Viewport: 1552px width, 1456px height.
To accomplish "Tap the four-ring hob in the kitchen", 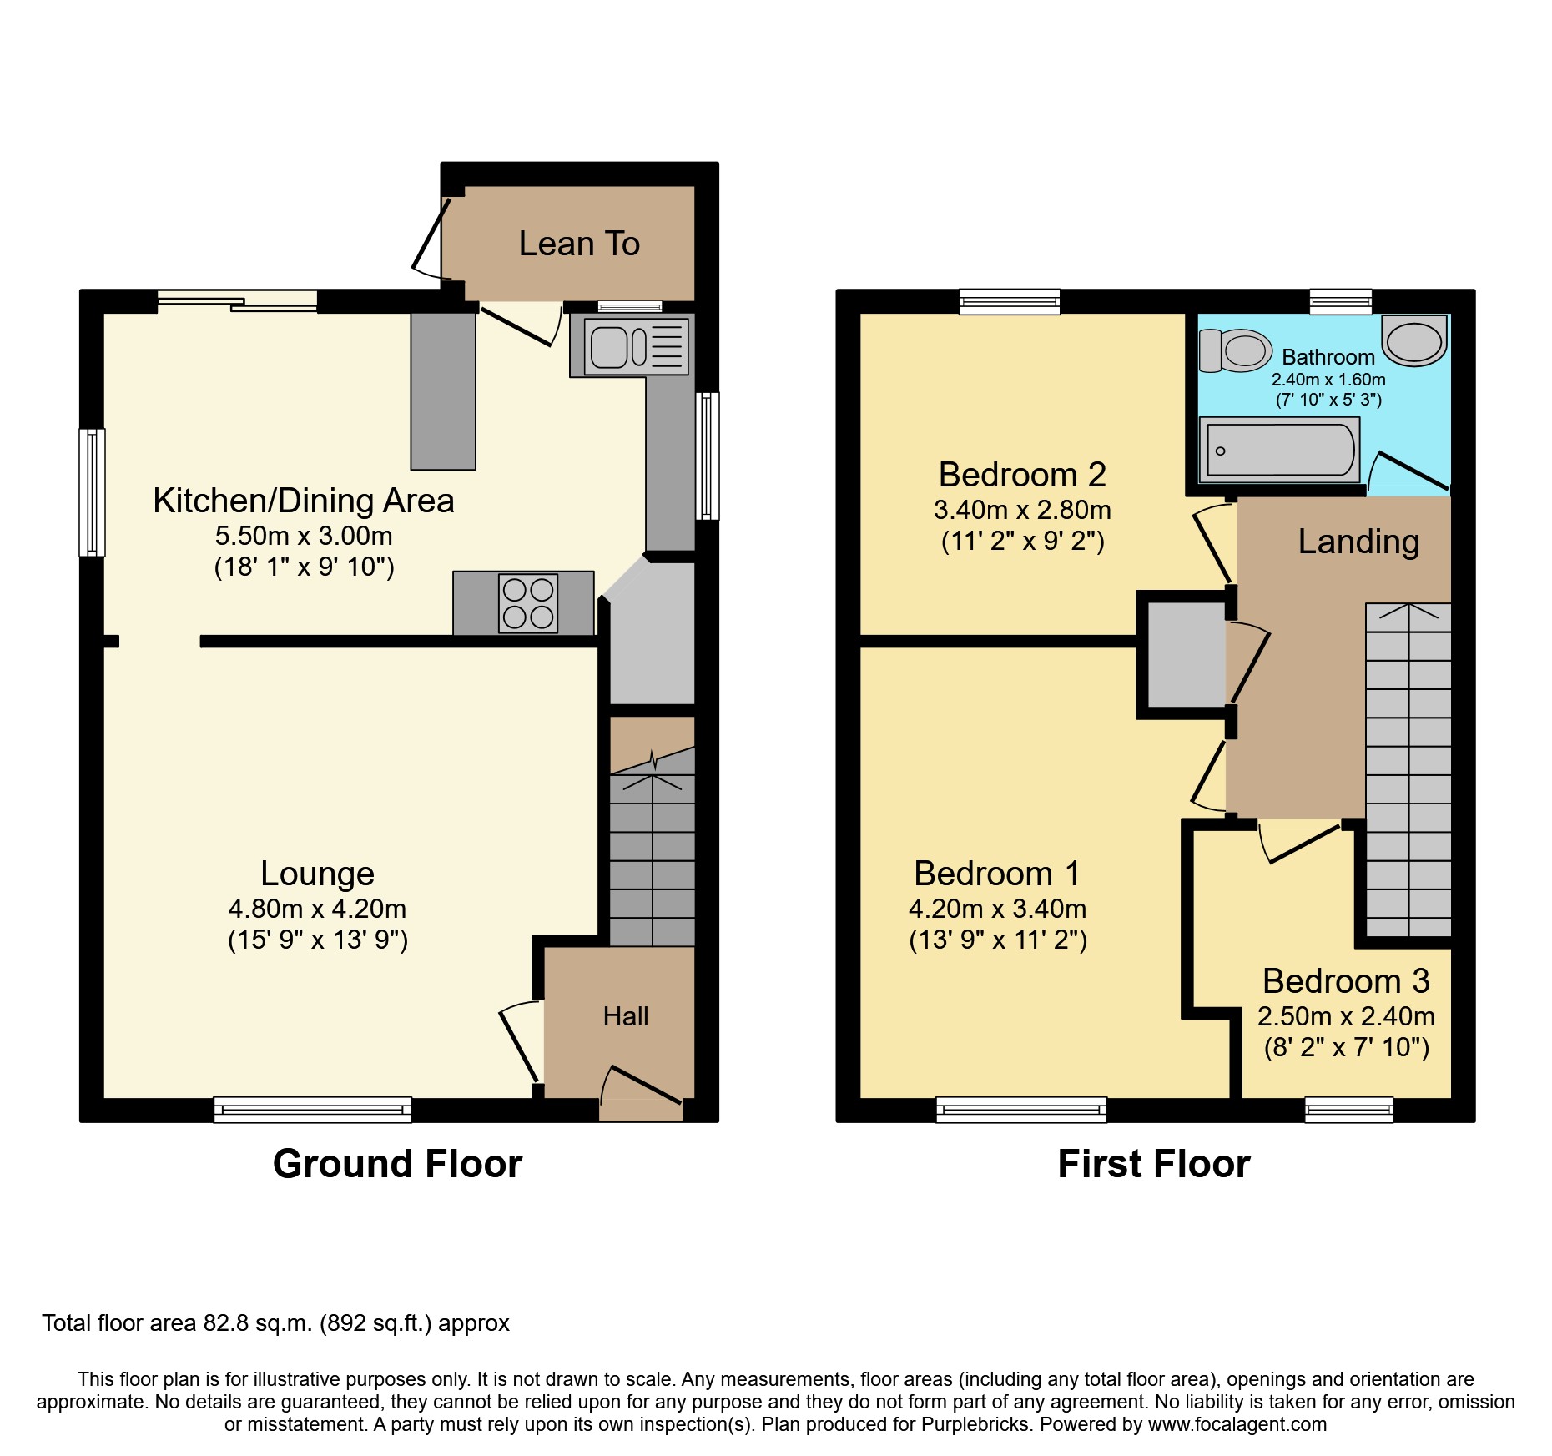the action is tap(528, 602).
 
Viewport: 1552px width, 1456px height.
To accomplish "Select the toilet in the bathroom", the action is tap(1235, 350).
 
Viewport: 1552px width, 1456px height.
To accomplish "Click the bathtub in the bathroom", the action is tap(1279, 451).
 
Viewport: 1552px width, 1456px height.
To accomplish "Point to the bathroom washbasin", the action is tap(1414, 340).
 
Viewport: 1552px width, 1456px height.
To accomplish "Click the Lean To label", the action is tap(579, 244).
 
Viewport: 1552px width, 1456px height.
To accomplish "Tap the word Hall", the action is tap(626, 1016).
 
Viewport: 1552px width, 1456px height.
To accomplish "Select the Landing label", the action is tap(1358, 542).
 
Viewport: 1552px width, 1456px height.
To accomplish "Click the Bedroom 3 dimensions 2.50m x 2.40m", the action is tap(1346, 1016).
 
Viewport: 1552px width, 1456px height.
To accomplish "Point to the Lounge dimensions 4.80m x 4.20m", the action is tap(317, 909).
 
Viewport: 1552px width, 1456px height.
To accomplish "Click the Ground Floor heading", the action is tap(397, 1163).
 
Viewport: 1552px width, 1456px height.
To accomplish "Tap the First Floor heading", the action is tap(1154, 1163).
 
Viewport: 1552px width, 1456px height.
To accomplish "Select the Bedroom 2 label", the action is tap(1022, 475).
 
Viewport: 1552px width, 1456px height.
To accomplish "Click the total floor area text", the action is tap(275, 1323).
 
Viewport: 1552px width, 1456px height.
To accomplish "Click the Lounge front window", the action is tap(313, 1110).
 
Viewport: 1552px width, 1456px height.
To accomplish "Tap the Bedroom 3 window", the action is tap(1349, 1110).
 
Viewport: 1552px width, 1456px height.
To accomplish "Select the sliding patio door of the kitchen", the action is tap(238, 301).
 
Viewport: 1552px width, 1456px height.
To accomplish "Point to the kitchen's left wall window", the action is tap(92, 492).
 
